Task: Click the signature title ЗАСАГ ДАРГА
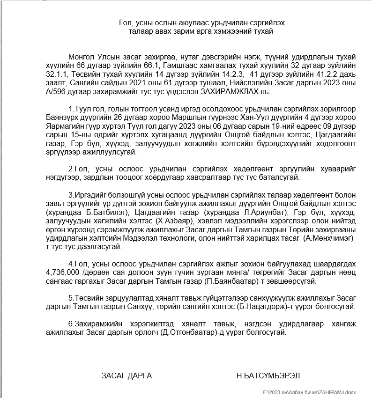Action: pyautogui.click(x=126, y=376)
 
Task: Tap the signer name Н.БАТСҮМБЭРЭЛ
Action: pyautogui.click(x=268, y=376)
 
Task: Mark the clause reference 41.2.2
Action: pyautogui.click(x=318, y=74)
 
